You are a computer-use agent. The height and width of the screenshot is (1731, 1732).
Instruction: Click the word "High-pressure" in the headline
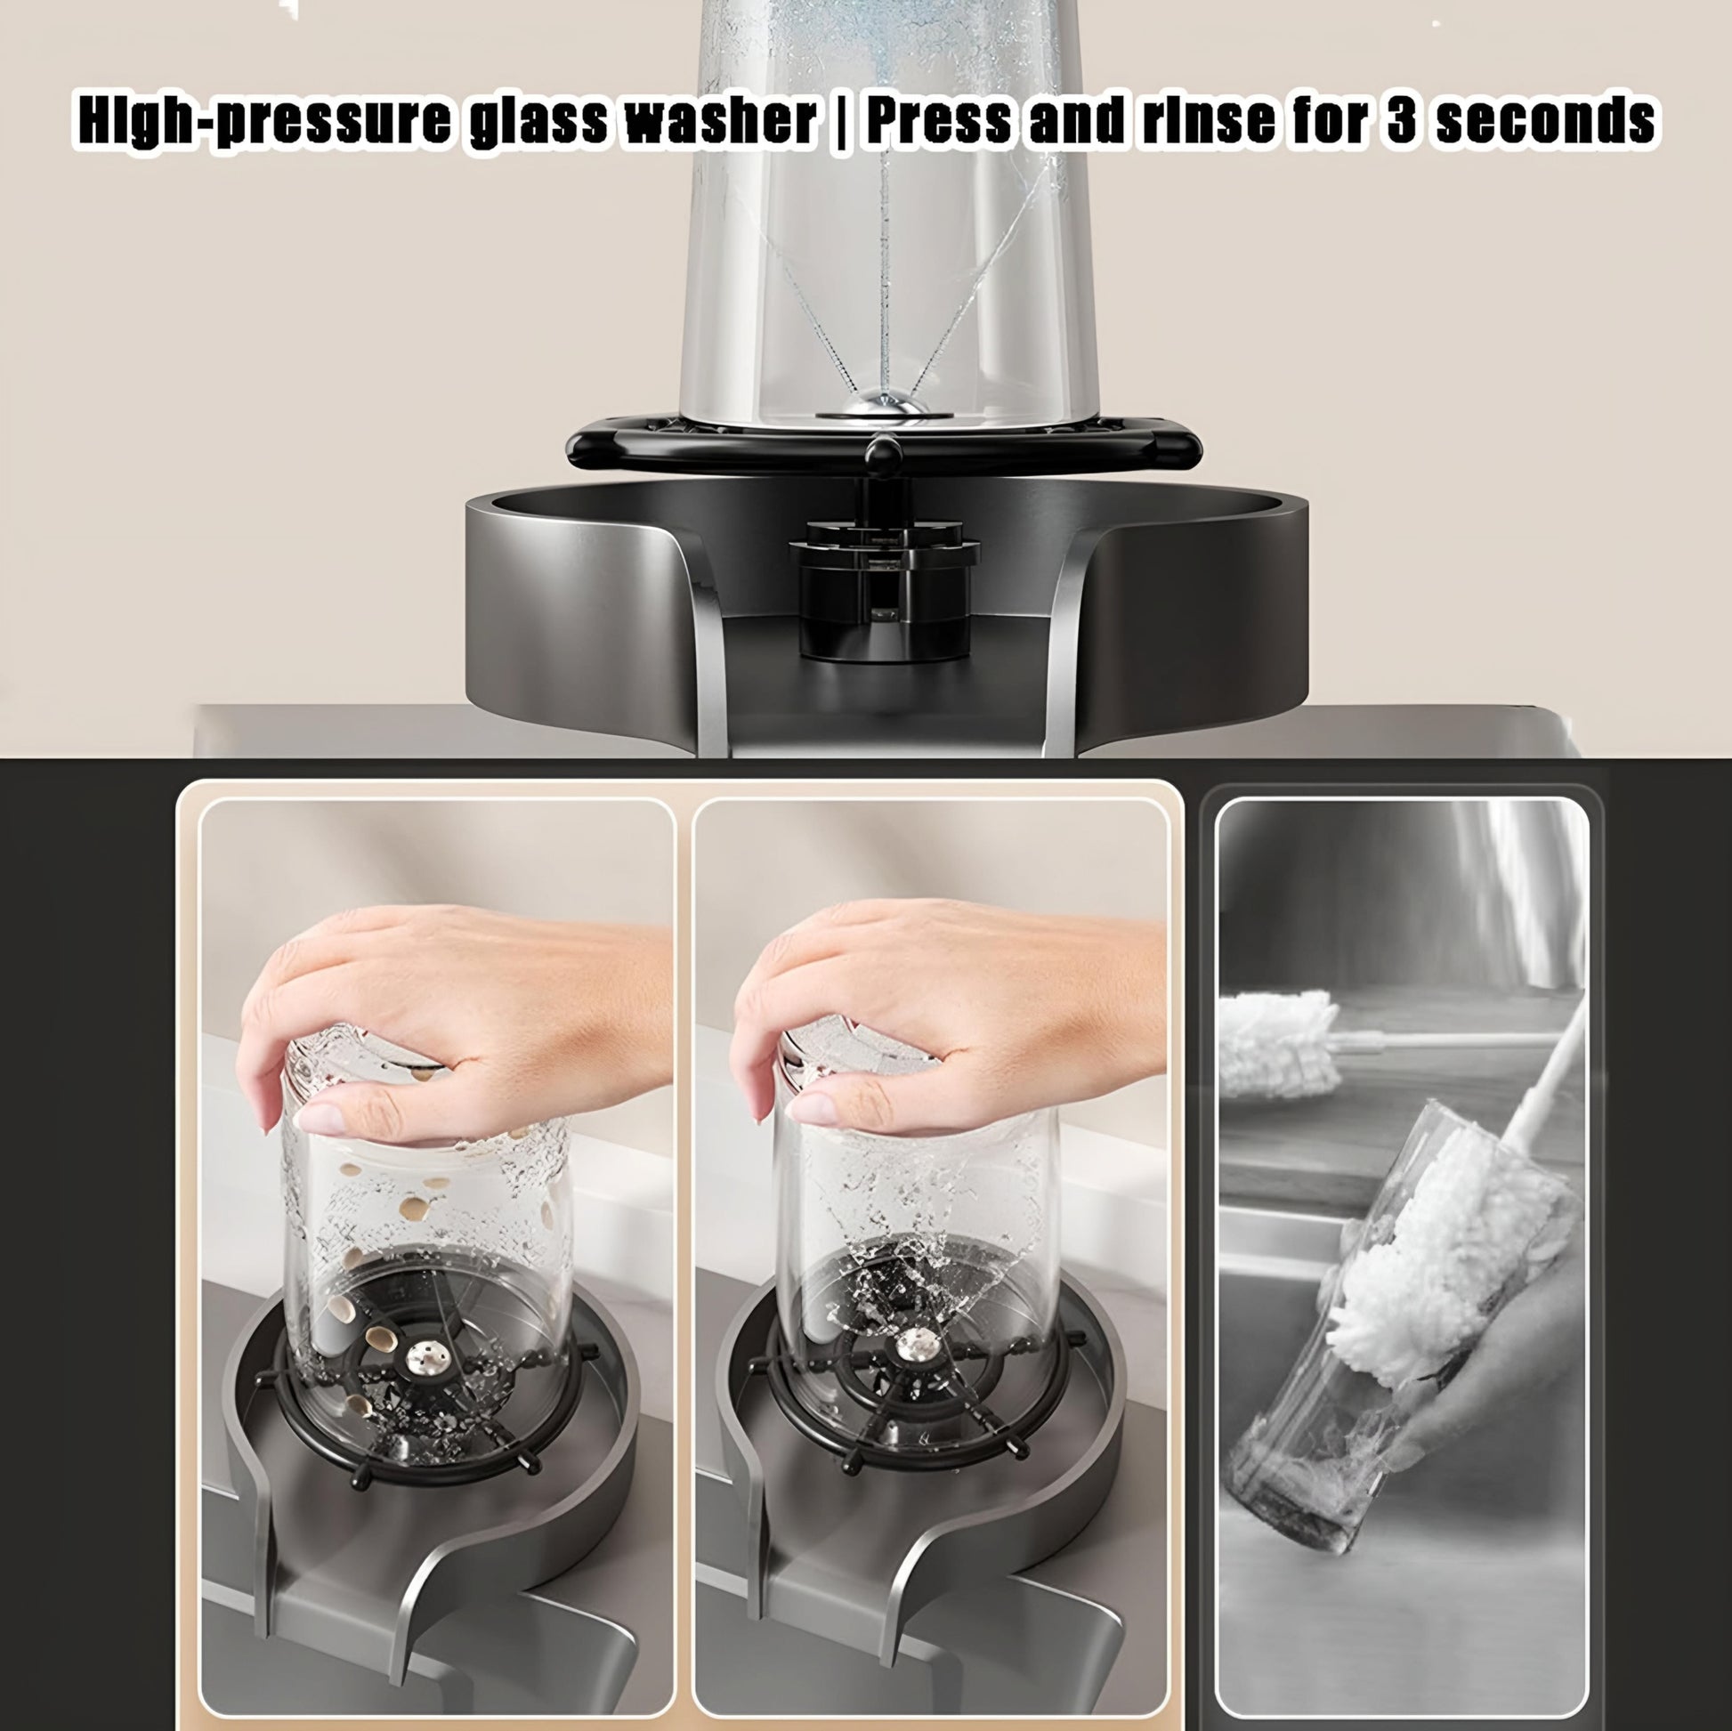tap(263, 122)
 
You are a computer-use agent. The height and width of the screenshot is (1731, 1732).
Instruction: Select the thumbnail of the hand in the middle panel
tap(810, 1108)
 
